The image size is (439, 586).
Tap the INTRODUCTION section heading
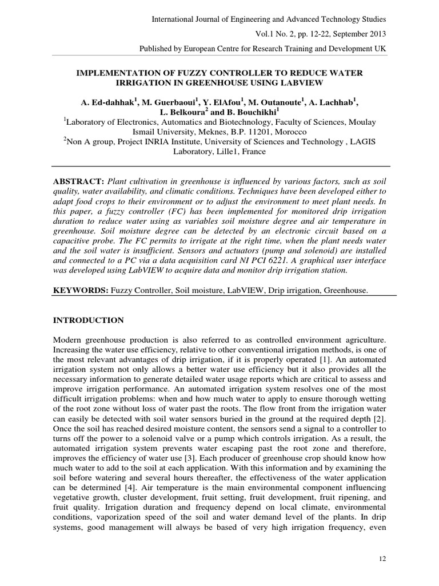coord(88,320)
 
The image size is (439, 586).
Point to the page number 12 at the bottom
coord(382,556)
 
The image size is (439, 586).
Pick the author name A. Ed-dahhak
coord(106,103)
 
